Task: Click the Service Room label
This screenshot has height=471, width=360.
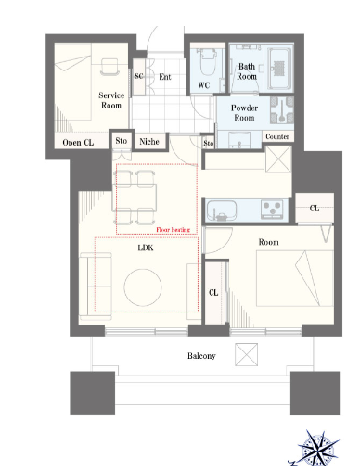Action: point(111,100)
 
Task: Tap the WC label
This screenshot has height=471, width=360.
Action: point(204,85)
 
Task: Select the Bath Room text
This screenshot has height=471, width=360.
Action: point(247,71)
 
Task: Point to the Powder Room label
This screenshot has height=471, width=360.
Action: point(244,113)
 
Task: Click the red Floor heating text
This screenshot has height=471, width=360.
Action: point(173,230)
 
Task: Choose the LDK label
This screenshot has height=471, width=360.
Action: point(146,248)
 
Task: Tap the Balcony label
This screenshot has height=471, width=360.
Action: point(201,356)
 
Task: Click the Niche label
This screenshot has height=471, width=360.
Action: point(149,142)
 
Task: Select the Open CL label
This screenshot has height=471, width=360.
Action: point(78,143)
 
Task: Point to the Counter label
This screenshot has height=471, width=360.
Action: point(277,136)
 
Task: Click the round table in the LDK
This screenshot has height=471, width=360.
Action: point(143,287)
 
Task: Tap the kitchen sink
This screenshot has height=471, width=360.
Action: point(222,210)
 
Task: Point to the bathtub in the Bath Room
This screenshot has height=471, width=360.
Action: point(279,68)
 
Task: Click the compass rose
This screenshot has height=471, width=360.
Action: point(319,447)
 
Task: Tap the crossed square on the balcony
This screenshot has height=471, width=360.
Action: point(246,354)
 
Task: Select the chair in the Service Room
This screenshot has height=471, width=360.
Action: point(109,67)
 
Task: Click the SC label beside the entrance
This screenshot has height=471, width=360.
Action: point(139,76)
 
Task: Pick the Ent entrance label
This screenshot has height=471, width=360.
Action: point(165,77)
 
